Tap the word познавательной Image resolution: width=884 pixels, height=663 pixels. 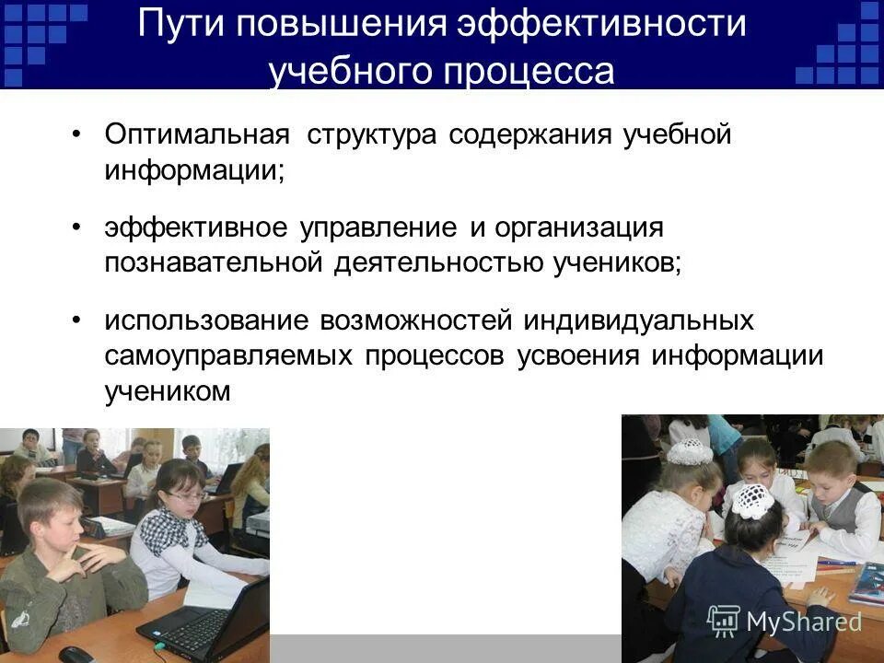point(211,264)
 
